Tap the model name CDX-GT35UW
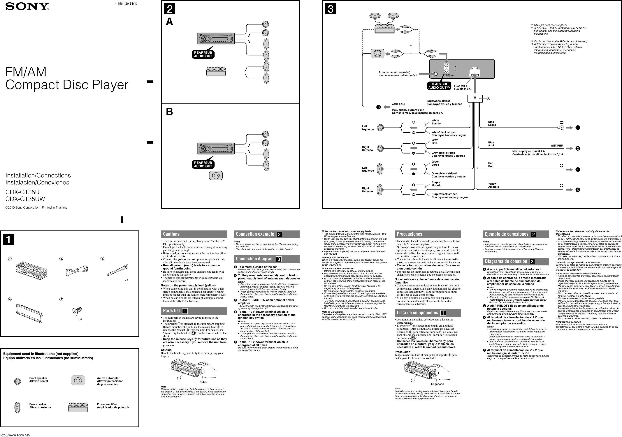[25, 199]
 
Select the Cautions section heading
[171, 234]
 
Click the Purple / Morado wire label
[436, 184]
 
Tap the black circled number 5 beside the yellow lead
[578, 190]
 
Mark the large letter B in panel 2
[169, 112]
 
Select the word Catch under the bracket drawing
[203, 382]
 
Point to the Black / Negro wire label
[492, 124]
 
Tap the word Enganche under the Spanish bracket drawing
[437, 384]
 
